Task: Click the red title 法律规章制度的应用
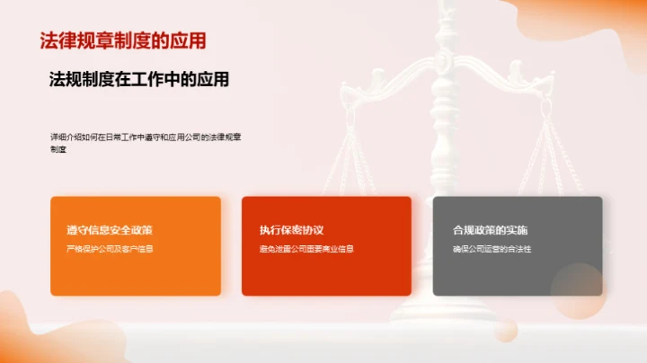pos(123,40)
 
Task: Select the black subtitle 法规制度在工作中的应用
pos(138,79)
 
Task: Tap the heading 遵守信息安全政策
pos(102,230)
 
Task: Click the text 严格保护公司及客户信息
pos(110,248)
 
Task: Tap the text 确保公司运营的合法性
pos(492,248)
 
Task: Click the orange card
pos(135,270)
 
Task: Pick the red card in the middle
pos(326,270)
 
